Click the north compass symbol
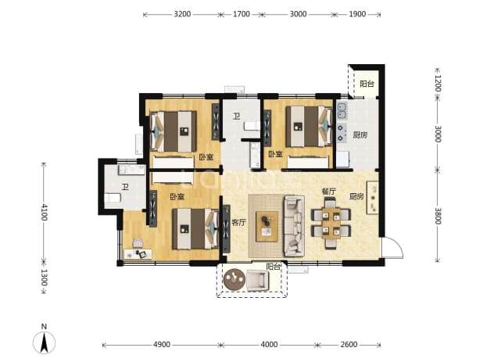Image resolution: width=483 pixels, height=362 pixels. tap(44, 342)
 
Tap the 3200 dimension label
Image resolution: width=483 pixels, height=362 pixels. tap(182, 14)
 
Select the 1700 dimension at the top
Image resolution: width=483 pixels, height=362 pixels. tap(241, 14)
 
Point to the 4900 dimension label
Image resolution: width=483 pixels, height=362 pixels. tap(162, 345)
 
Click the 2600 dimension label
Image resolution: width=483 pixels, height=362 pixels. tap(349, 345)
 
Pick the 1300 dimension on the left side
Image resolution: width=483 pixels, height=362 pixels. tap(44, 278)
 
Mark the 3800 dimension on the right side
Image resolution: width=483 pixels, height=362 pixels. tap(438, 216)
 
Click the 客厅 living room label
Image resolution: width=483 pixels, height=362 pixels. tap(238, 222)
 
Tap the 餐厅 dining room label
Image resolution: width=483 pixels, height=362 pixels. tap(329, 192)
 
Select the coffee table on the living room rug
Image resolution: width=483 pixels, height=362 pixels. tap(267, 227)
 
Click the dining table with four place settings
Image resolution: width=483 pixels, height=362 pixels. tap(331, 224)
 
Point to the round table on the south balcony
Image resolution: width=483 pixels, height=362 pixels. tap(234, 280)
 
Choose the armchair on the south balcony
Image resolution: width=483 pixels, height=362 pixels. tap(257, 280)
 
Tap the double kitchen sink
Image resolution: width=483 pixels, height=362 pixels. tap(342, 111)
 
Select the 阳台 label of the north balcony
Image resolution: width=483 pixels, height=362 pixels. tap(367, 84)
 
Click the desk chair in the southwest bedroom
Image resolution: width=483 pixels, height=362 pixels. tap(138, 243)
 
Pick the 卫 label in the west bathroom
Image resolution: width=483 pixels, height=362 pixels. tap(125, 187)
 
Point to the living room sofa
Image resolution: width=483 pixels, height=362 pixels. tap(294, 226)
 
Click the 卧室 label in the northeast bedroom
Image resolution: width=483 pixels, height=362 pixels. tap(275, 154)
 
